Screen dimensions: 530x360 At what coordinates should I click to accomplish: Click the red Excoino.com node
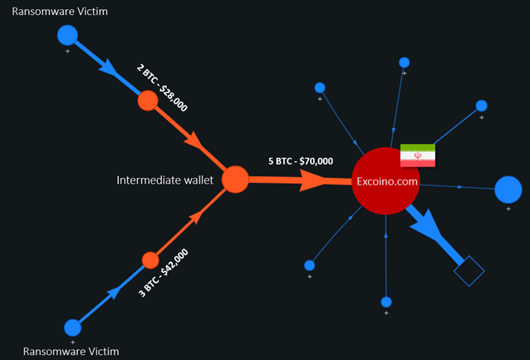[x=385, y=181]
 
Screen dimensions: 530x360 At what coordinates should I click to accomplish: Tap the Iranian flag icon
[x=418, y=155]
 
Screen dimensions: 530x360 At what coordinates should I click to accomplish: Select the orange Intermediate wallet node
[x=235, y=180]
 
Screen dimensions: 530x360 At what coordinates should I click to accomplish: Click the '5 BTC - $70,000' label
[x=301, y=161]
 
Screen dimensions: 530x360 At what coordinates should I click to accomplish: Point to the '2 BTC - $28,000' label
[x=162, y=87]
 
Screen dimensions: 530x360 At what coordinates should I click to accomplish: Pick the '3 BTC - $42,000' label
[x=164, y=273]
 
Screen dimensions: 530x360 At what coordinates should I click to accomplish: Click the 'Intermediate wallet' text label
[x=165, y=180]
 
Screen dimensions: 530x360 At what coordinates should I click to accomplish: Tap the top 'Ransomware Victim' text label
[x=60, y=12]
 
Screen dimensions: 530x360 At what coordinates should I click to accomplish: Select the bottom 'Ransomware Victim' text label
[x=71, y=352]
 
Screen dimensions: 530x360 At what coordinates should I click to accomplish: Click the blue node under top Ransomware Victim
[x=67, y=35]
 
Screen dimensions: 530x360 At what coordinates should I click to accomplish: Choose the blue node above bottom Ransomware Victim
[x=72, y=328]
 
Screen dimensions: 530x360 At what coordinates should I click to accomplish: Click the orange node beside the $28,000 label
[x=148, y=101]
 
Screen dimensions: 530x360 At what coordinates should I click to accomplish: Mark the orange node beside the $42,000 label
[x=150, y=260]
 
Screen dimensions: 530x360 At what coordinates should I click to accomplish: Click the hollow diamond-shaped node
[x=469, y=271]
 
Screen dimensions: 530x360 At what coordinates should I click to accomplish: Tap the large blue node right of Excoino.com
[x=508, y=190]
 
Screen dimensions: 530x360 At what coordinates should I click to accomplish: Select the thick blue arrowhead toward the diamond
[x=426, y=225]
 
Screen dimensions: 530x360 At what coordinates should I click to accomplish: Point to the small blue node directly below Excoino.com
[x=386, y=302]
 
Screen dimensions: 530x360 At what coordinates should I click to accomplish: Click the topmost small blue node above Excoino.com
[x=405, y=62]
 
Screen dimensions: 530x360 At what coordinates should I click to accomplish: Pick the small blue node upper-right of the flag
[x=481, y=106]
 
